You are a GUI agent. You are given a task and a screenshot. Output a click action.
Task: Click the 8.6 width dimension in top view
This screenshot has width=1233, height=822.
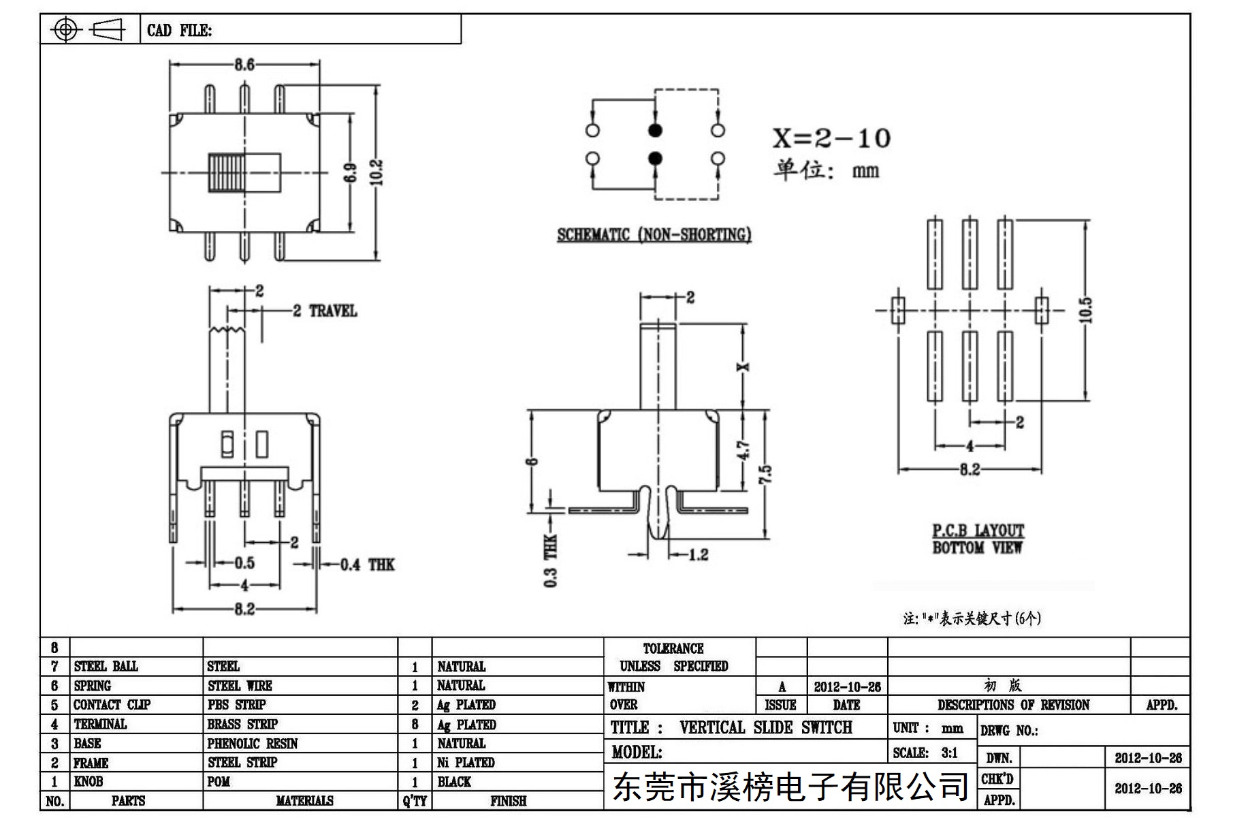click(x=244, y=65)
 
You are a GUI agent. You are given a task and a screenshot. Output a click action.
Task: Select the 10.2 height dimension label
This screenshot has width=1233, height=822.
click(x=378, y=172)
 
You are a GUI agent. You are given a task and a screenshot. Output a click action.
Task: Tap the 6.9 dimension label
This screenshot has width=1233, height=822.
click(x=351, y=173)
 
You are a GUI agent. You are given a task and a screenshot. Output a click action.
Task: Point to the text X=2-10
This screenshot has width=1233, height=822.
click(x=831, y=138)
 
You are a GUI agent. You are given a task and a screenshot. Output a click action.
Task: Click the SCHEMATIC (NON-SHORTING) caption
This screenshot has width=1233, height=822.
click(x=654, y=234)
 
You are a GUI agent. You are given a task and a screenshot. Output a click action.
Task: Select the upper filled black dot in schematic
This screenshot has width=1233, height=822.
click(x=655, y=130)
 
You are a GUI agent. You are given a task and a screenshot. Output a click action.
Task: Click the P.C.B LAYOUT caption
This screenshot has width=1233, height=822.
click(x=978, y=531)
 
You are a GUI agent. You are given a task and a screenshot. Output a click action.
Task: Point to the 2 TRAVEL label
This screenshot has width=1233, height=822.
click(x=325, y=311)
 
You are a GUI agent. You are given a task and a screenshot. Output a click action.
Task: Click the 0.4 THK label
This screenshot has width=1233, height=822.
click(x=368, y=565)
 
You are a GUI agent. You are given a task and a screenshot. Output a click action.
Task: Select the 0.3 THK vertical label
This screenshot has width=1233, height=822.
click(x=551, y=560)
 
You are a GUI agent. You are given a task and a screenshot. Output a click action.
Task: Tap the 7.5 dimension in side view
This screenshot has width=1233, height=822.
click(x=765, y=474)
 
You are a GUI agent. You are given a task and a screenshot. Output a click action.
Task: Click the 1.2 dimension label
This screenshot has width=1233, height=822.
click(x=698, y=555)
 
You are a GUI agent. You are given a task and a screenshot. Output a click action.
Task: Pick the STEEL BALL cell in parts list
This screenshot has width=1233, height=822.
click(x=106, y=666)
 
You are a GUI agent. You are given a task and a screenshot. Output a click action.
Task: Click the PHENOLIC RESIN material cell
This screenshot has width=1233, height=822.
click(x=253, y=744)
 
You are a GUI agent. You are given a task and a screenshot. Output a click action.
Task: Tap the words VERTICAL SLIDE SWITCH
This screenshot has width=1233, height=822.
click(x=766, y=727)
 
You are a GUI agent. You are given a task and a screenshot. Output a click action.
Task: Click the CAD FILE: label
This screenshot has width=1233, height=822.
click(x=179, y=30)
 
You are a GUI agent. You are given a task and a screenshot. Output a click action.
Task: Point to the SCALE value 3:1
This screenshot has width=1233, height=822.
click(x=950, y=753)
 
